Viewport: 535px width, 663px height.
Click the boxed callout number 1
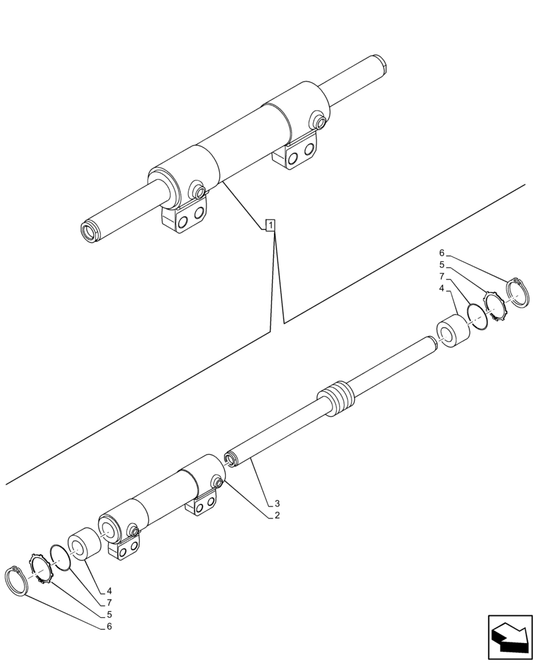click(x=270, y=225)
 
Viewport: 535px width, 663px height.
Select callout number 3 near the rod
click(x=277, y=503)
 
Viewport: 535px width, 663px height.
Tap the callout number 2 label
click(x=277, y=515)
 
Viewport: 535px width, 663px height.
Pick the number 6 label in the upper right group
click(x=442, y=253)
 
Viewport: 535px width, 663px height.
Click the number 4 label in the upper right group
click(x=442, y=288)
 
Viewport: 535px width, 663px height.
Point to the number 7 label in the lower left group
click(x=108, y=602)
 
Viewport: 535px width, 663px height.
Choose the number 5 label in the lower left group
click(x=108, y=614)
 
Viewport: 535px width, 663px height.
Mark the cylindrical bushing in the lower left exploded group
click(x=84, y=544)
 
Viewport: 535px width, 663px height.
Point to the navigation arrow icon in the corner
click(x=510, y=638)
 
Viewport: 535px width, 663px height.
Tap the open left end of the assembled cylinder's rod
click(x=87, y=231)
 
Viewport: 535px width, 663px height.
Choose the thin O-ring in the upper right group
click(x=477, y=316)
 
